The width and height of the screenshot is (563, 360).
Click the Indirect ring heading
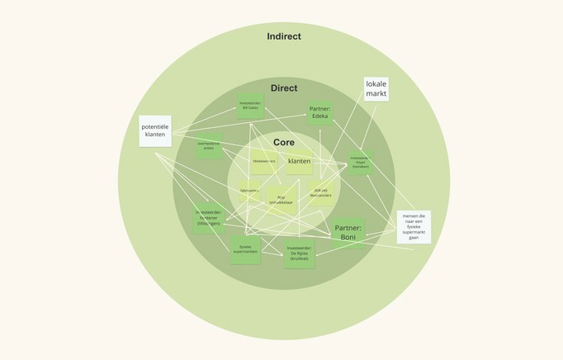284,36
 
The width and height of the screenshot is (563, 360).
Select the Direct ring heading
284,88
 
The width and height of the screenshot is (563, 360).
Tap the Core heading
284,143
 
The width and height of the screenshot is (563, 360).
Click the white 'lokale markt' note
376,89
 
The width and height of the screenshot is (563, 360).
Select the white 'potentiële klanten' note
155,130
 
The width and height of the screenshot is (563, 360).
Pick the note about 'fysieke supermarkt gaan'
414,226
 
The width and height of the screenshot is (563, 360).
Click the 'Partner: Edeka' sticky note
319,112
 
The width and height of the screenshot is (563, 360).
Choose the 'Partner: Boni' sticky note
348,232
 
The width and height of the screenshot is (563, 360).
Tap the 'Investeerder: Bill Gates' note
250,106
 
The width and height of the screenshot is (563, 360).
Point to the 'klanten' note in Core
300,161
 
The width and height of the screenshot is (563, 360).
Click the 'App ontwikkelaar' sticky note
281,199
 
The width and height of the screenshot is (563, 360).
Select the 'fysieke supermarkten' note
245,249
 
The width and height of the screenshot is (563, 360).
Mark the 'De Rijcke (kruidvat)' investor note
299,253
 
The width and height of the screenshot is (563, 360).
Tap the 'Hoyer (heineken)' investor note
360,163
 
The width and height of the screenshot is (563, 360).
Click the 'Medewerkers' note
264,161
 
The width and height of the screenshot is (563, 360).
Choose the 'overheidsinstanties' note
209,146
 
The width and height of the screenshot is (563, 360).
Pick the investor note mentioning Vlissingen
209,218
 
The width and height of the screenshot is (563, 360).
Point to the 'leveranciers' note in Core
321,192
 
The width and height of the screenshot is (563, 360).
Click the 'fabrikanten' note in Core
249,191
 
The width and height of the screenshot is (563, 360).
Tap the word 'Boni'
348,237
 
